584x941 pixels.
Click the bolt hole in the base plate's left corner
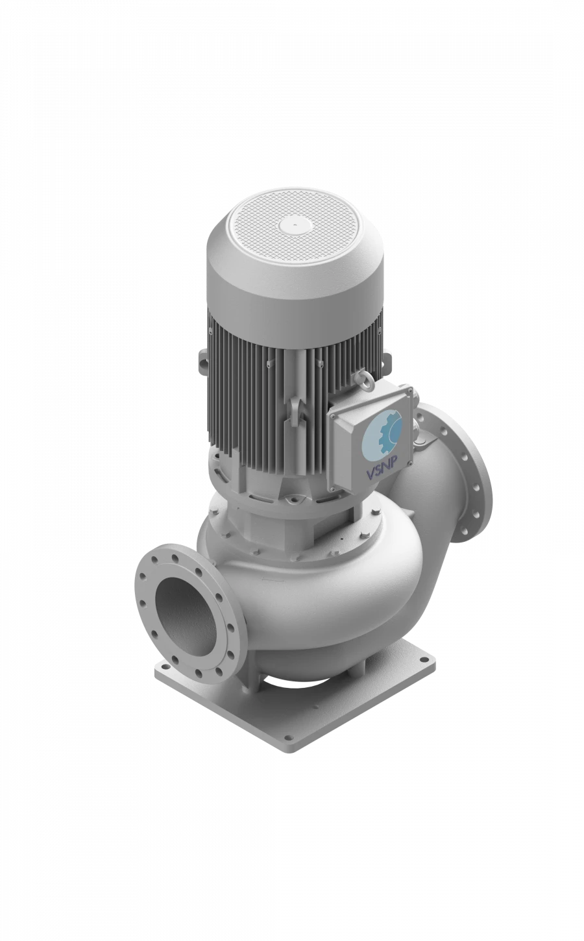pos(164,666)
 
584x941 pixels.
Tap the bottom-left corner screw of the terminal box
pos(335,485)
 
